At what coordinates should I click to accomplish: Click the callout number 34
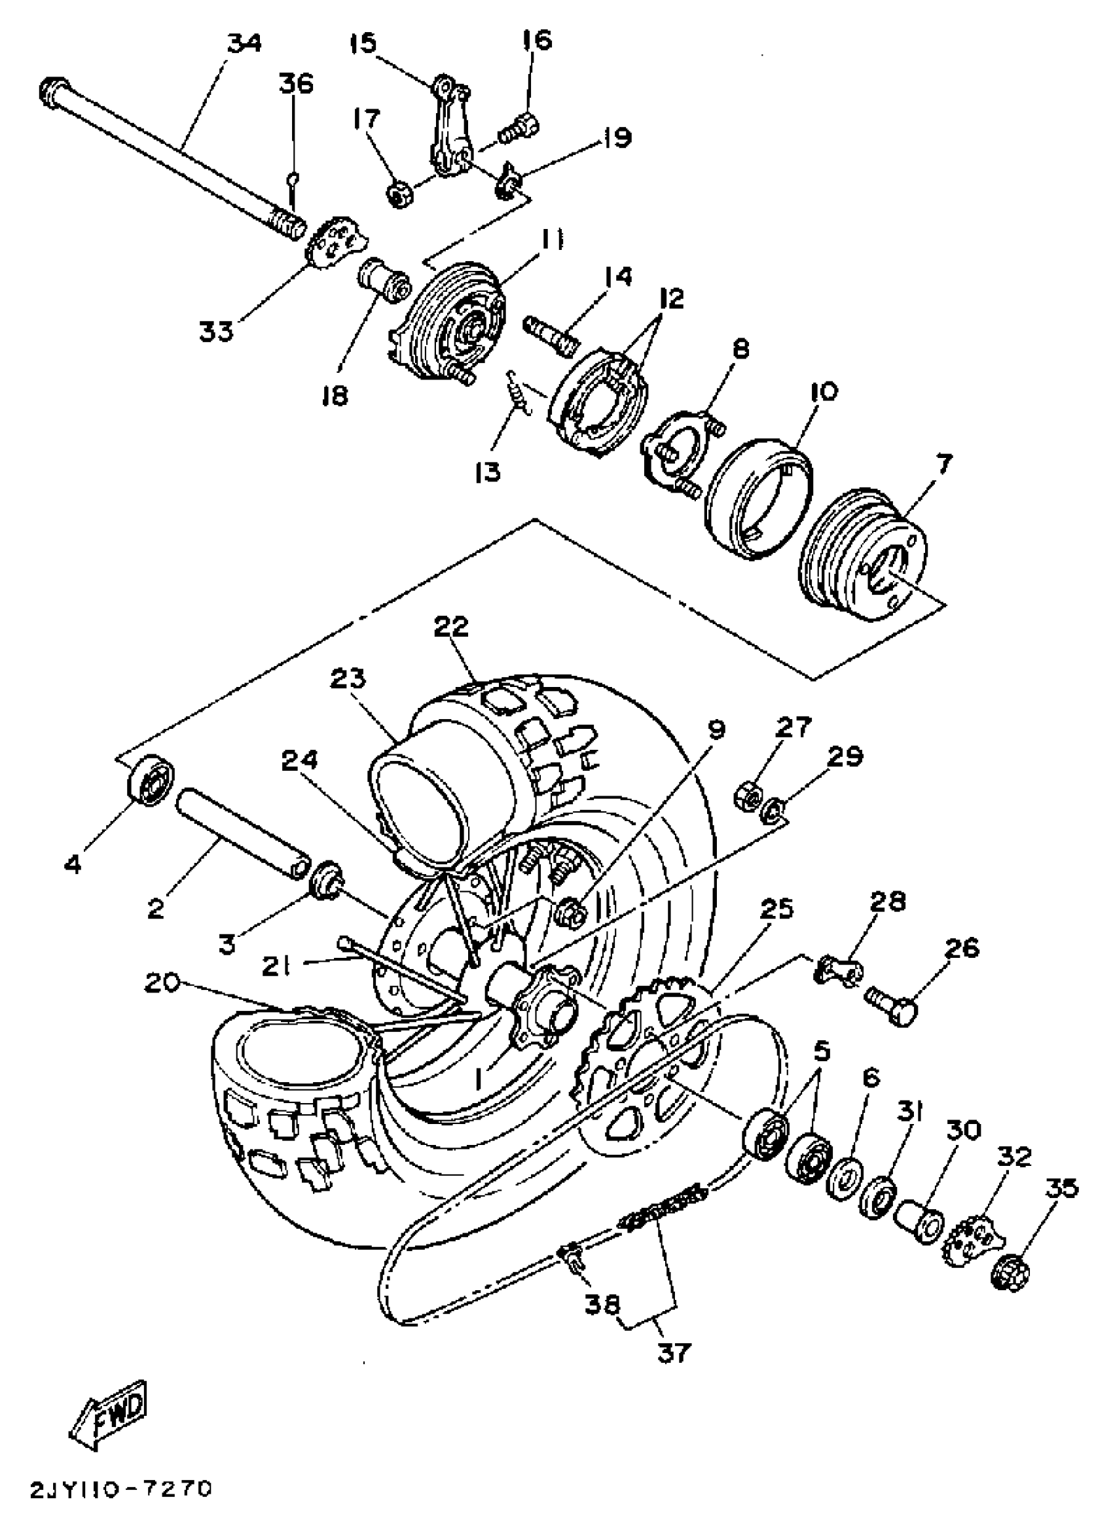point(244,44)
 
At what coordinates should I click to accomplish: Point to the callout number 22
point(451,626)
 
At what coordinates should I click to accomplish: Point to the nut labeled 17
point(401,194)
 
